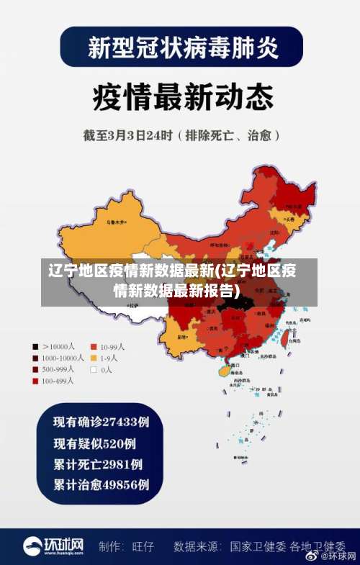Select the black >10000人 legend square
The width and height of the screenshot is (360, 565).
pos(35,345)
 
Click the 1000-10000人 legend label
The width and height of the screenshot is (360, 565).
pos(63,357)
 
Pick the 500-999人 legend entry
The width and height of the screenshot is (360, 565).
pos(58,369)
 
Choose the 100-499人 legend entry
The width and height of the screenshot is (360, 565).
pos(58,380)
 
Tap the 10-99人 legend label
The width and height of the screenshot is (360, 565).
pos(112,345)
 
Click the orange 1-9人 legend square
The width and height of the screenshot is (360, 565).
pos(94,357)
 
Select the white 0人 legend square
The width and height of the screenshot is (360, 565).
pos(94,369)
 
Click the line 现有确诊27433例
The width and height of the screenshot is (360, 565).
pos(102,421)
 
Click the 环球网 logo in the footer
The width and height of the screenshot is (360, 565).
pos(54,546)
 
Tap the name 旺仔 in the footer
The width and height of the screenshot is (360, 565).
pos(143,546)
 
